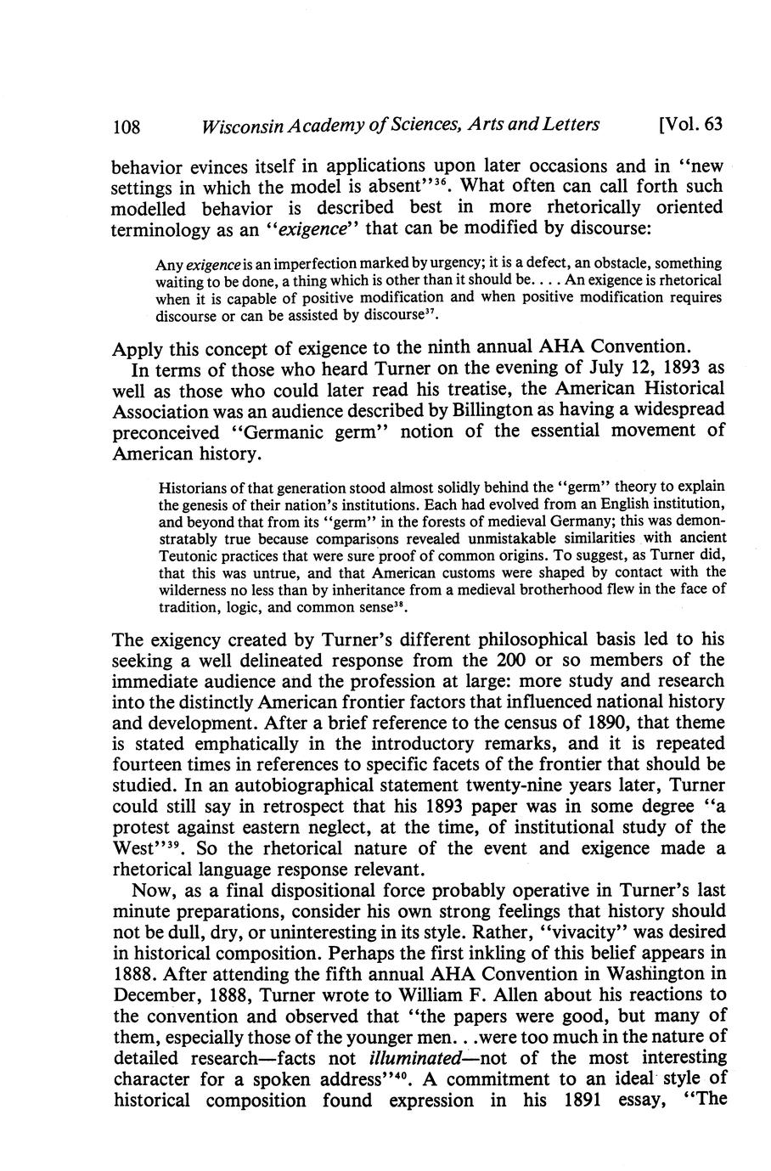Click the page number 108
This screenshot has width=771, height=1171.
[x=126, y=126]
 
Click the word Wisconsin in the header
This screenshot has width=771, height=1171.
[x=234, y=126]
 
